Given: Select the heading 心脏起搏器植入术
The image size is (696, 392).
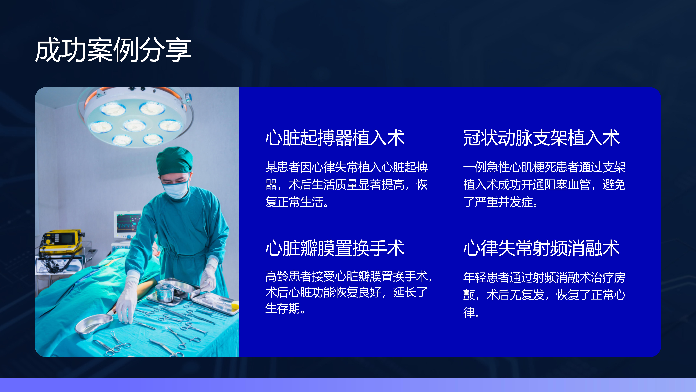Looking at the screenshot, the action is [x=335, y=138].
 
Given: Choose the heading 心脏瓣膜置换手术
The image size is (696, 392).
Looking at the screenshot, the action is [x=335, y=248].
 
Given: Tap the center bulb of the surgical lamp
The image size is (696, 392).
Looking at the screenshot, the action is [x=135, y=125].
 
